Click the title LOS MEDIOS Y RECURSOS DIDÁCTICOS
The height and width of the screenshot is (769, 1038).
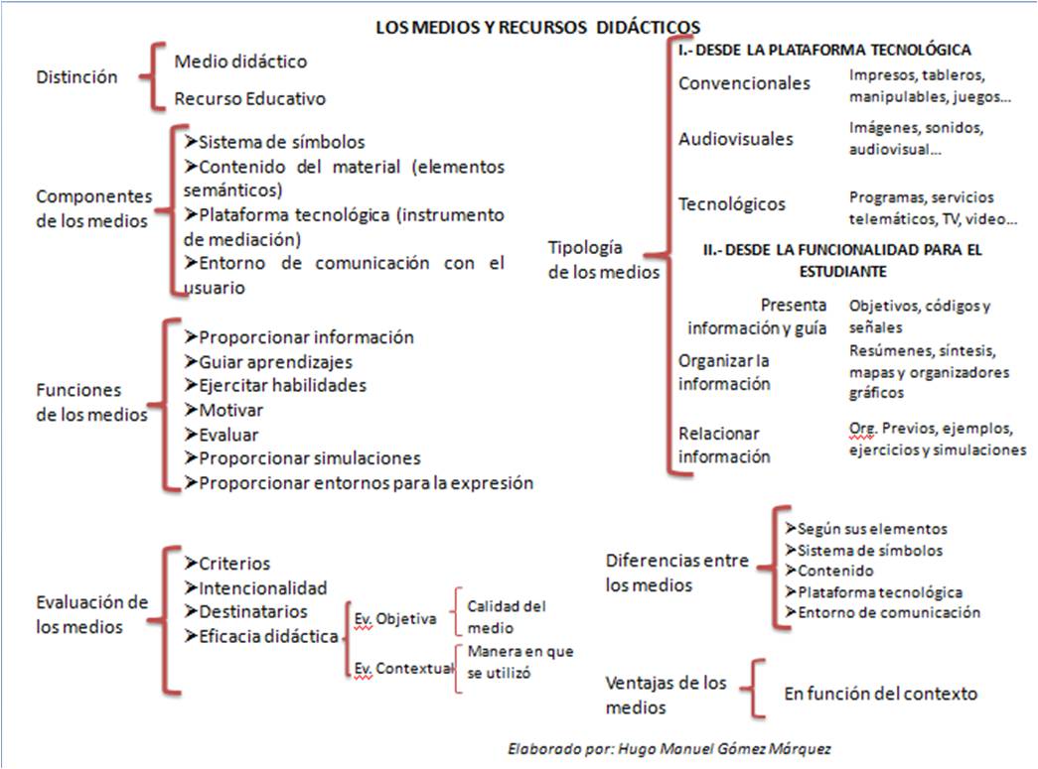point(537,27)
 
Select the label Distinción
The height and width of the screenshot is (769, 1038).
point(76,77)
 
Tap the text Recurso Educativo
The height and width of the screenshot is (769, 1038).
point(249,99)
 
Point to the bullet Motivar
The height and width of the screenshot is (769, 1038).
point(224,410)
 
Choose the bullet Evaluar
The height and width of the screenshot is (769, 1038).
point(222,435)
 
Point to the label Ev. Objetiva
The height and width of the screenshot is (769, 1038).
point(395,619)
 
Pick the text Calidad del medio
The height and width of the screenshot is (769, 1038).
point(506,616)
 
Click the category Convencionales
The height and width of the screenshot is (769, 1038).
point(744,83)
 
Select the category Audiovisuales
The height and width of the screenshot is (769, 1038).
point(736,139)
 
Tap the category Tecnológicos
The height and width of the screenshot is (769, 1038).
point(732,204)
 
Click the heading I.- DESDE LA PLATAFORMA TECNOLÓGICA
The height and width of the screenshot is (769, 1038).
point(823,50)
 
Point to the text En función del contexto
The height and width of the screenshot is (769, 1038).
point(880,694)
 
